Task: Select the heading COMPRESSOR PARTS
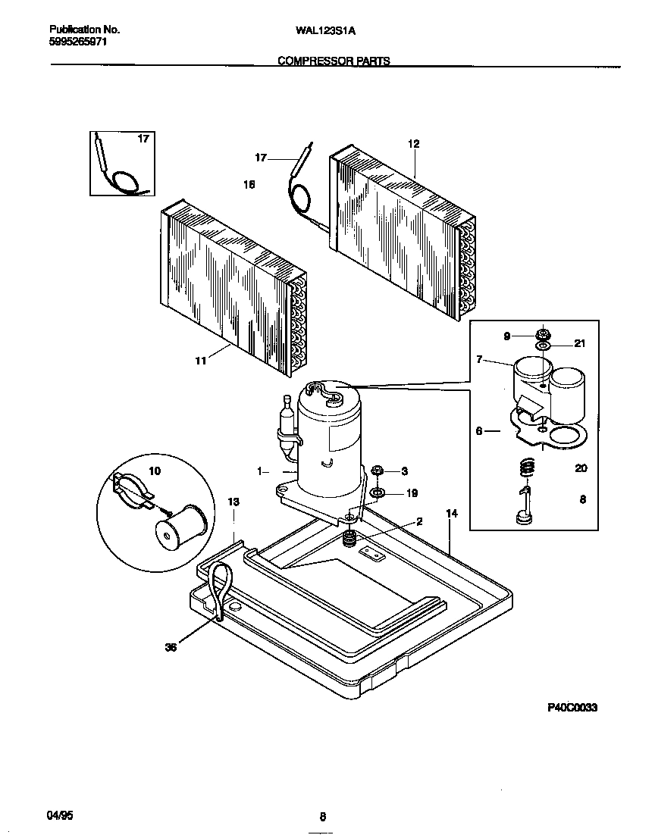(334, 61)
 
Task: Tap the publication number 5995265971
(78, 42)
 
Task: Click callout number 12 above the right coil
(413, 144)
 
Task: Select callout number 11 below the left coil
(200, 361)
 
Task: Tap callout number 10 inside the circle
(155, 471)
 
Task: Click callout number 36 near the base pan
(171, 647)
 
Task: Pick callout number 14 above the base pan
(452, 514)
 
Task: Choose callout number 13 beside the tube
(233, 502)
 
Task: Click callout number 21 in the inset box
(580, 344)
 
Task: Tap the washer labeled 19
(377, 493)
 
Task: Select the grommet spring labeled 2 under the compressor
(349, 539)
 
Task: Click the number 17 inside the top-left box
(143, 139)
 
